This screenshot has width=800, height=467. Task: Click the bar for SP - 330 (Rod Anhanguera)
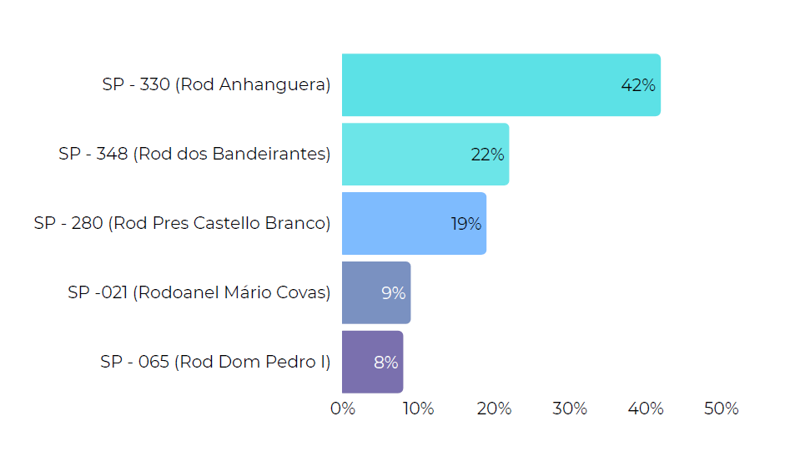(501, 85)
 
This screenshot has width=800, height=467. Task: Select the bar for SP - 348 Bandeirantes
(425, 155)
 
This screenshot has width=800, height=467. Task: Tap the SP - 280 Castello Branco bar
(414, 224)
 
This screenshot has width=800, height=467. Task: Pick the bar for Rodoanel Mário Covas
(375, 292)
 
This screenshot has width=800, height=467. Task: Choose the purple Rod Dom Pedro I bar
(372, 362)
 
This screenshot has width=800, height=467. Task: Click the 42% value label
(638, 85)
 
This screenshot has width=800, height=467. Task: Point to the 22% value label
(487, 155)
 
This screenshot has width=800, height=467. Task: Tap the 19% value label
(465, 224)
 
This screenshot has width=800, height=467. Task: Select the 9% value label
(394, 293)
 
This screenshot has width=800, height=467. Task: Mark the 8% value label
(385, 363)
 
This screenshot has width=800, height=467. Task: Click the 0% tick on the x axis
(343, 409)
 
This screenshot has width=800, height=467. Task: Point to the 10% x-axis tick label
(418, 409)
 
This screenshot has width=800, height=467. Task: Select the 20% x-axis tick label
(494, 409)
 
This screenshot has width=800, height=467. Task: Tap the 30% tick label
(570, 409)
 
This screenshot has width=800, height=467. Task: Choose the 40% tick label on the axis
(646, 409)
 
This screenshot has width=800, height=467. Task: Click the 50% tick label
(722, 409)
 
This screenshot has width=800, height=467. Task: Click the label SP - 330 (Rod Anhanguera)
(216, 85)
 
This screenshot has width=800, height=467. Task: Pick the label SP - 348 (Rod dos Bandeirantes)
(194, 155)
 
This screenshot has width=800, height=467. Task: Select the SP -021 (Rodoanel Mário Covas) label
(199, 293)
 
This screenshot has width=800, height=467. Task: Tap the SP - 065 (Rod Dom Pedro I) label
(215, 363)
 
